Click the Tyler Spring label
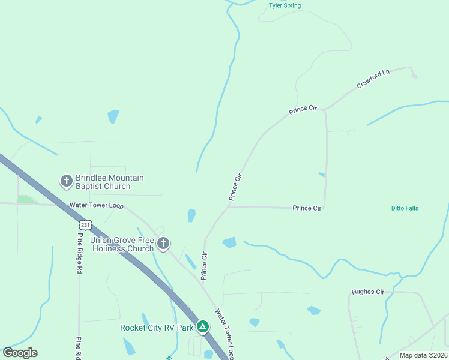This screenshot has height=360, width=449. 285,6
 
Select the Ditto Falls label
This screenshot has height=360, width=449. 405,208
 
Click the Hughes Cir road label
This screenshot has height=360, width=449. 367,292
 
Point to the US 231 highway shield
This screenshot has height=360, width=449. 86,224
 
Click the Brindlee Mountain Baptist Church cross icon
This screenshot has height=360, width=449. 66,181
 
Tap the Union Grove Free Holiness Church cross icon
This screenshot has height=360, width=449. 163,244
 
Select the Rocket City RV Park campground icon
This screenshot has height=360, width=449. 203,327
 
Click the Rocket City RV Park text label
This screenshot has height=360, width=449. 157,328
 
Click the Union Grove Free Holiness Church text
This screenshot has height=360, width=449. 122,244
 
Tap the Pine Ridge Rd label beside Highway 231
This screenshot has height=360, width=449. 79,253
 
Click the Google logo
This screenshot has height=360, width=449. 20,353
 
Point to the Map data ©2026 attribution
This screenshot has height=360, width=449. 423,355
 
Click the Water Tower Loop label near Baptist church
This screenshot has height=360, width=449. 96,205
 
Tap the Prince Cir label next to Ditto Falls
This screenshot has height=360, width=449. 307,208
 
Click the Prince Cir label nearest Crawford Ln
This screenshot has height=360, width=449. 303,110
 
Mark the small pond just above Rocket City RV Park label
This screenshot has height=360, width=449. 145,318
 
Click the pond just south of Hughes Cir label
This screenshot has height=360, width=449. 313,310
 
